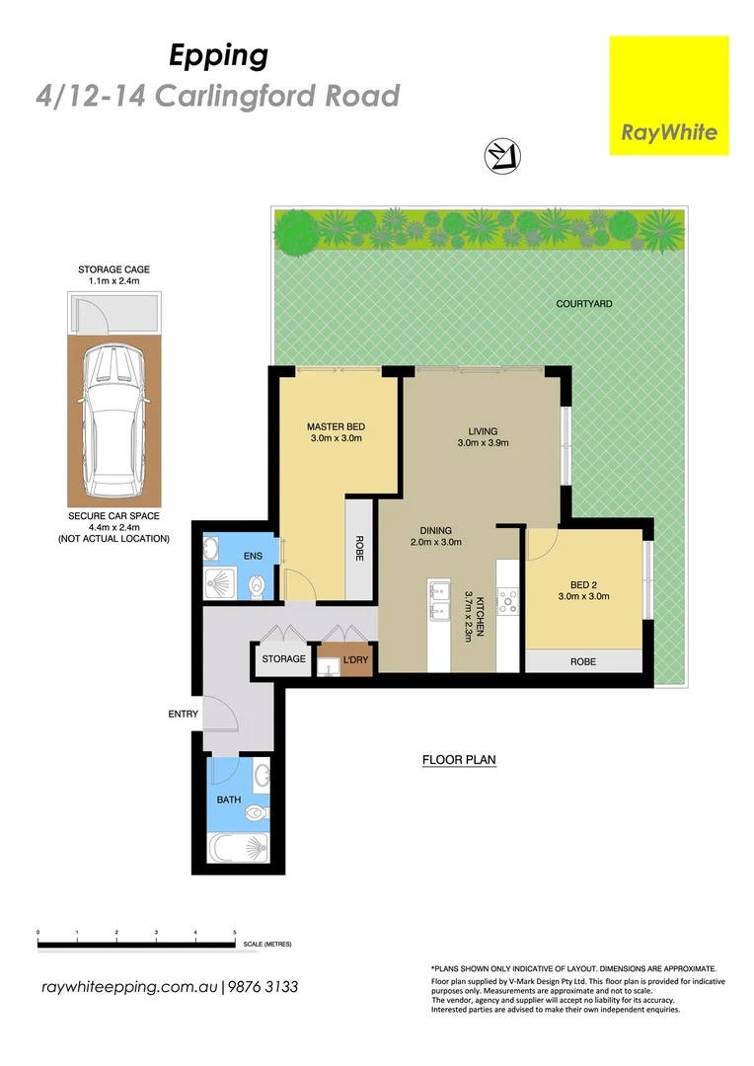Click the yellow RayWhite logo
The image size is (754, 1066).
pyautogui.click(x=669, y=96)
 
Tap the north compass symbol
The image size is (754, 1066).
pyautogui.click(x=502, y=156)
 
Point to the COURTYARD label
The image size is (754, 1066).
pyautogui.click(x=583, y=304)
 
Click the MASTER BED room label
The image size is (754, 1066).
pyautogui.click(x=337, y=426)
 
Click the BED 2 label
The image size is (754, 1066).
pyautogui.click(x=584, y=583)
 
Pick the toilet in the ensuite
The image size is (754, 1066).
pyautogui.click(x=258, y=586)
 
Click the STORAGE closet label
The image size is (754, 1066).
pyautogui.click(x=283, y=659)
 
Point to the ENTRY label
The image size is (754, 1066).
pyautogui.click(x=184, y=714)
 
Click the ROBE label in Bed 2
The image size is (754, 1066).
pyautogui.click(x=583, y=662)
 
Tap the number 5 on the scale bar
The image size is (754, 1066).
pyautogui.click(x=235, y=932)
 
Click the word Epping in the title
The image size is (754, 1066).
pyautogui.click(x=218, y=56)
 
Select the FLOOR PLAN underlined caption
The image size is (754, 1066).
pyautogui.click(x=458, y=760)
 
